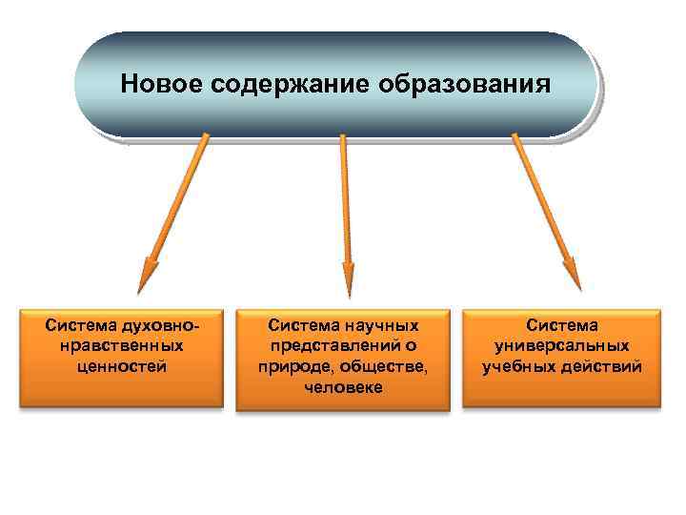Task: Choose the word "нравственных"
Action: point(120,345)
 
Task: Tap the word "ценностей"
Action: point(120,365)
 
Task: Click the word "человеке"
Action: point(343,387)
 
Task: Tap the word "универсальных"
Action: point(562,345)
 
